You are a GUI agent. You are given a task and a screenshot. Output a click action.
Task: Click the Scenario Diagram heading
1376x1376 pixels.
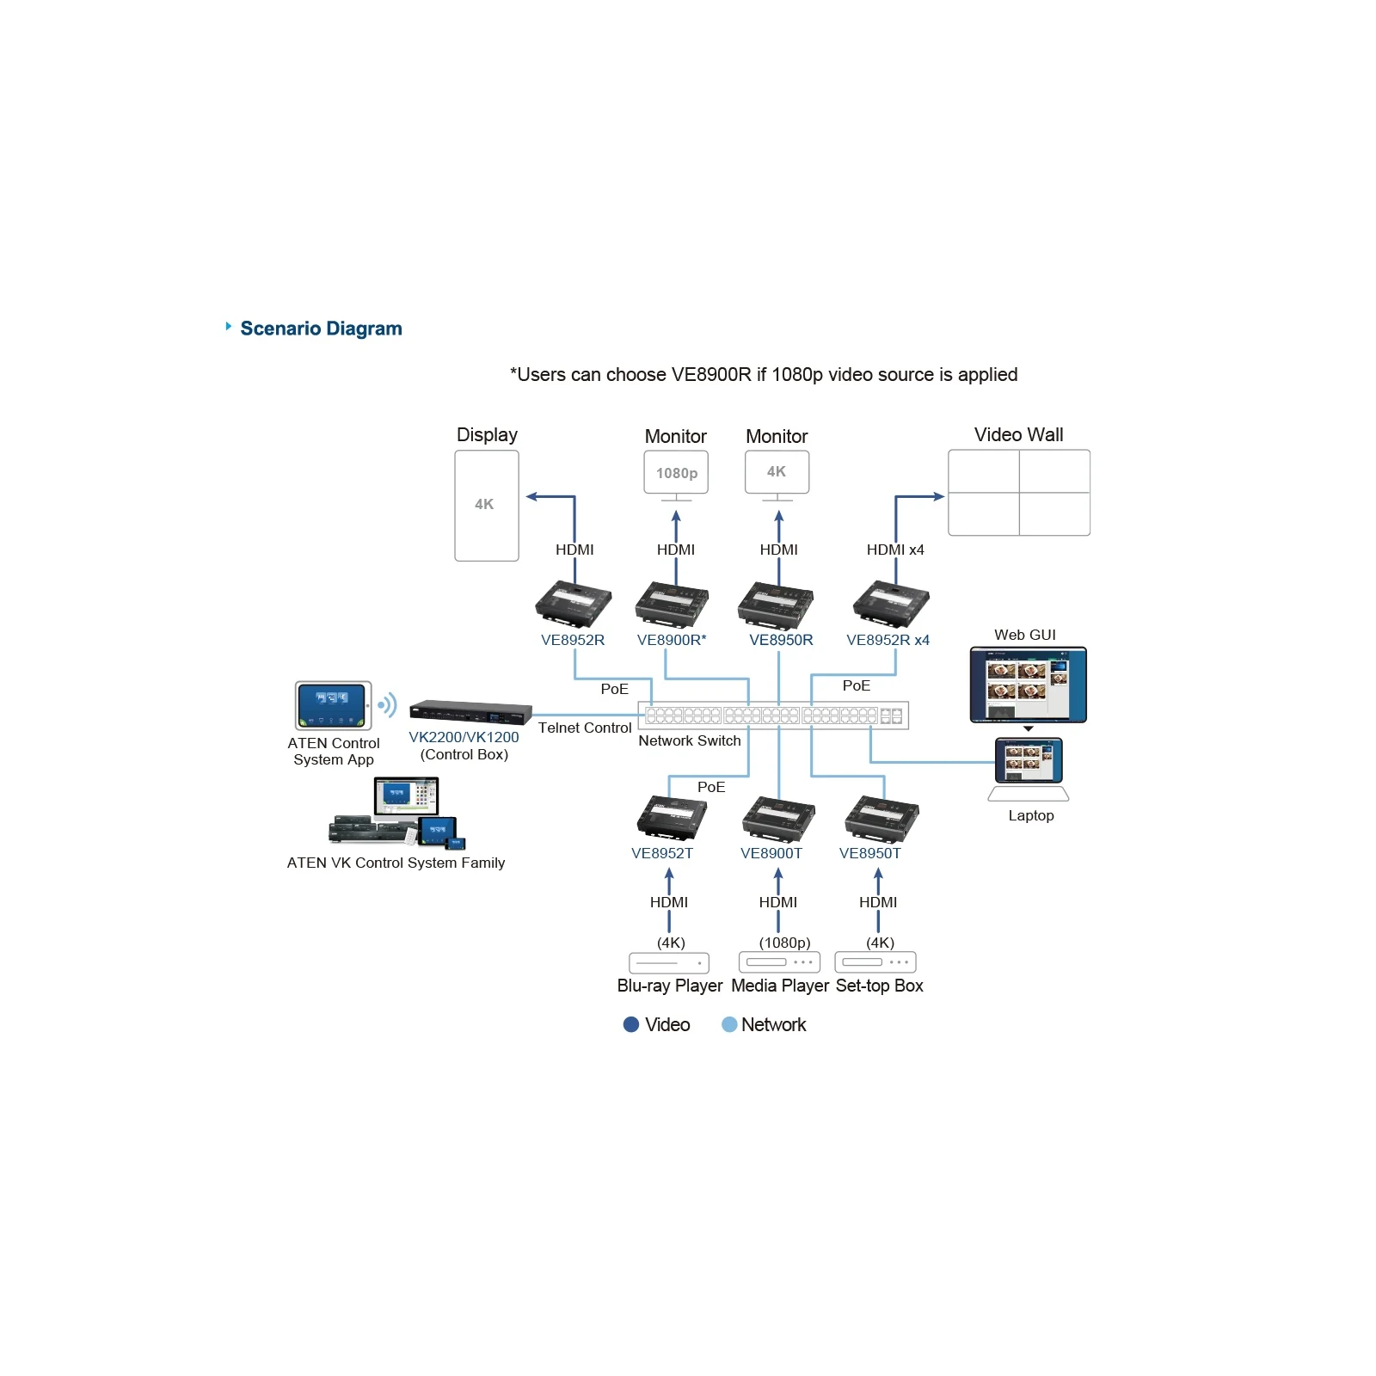(x=321, y=329)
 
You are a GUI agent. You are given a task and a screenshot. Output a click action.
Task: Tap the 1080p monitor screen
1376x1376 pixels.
(x=676, y=472)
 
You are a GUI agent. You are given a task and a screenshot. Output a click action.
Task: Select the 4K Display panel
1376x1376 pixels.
(x=487, y=506)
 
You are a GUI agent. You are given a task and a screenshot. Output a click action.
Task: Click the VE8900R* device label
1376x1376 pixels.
(x=672, y=640)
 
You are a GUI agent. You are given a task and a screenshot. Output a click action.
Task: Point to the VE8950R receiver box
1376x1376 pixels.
(x=776, y=605)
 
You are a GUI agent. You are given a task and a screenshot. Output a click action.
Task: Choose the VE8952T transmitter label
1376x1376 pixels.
(x=662, y=853)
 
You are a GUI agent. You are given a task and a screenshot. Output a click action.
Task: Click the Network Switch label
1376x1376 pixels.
(x=690, y=740)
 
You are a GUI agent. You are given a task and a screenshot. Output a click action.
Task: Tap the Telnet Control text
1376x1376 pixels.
(x=585, y=728)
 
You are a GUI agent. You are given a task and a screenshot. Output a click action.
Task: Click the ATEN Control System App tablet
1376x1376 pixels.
(x=334, y=705)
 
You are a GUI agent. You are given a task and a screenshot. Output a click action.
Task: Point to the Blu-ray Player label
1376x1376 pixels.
(x=670, y=986)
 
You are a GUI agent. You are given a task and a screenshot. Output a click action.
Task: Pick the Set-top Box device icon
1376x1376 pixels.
(x=875, y=962)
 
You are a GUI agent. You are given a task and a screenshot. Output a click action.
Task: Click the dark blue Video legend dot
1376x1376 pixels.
(x=631, y=1024)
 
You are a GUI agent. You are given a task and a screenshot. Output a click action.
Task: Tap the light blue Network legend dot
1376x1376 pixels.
(x=729, y=1024)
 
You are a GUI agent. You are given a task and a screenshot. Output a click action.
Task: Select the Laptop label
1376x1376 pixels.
(x=1031, y=815)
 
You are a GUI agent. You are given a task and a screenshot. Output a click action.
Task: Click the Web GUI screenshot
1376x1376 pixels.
(x=1029, y=685)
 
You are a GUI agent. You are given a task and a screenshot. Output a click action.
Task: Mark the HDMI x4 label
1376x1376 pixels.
(x=895, y=550)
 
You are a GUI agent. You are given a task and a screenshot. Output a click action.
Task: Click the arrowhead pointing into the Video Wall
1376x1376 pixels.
(x=939, y=496)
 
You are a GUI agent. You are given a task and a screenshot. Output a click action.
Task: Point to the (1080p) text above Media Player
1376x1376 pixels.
(x=784, y=943)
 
